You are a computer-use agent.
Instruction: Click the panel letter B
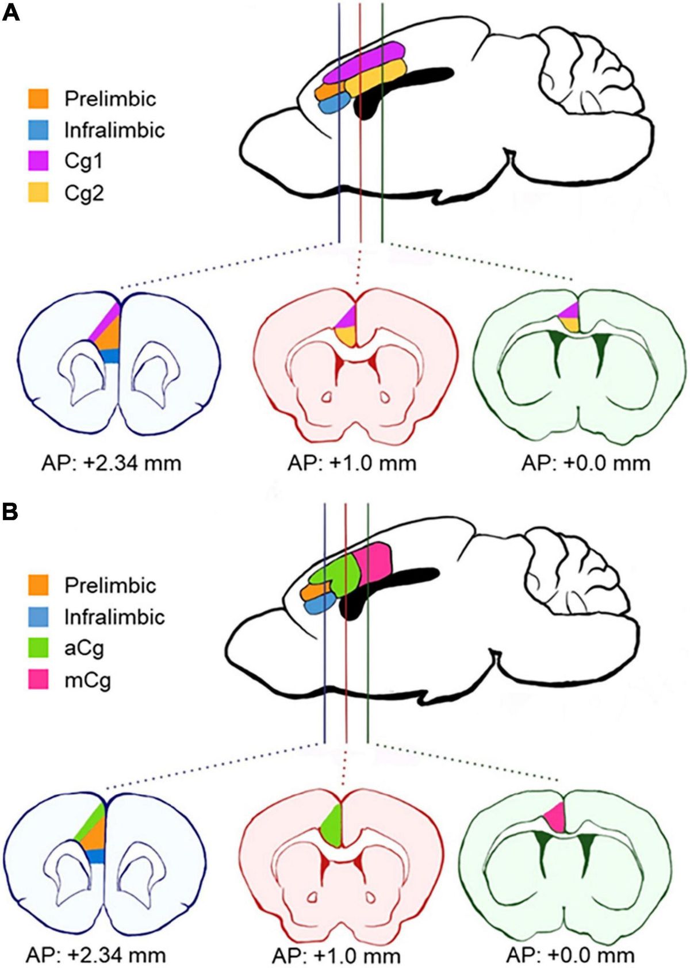pos(10,511)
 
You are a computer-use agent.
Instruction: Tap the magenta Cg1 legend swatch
pos(39,162)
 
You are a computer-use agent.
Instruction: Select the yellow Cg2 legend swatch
pos(39,193)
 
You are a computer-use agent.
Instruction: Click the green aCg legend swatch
pos(39,648)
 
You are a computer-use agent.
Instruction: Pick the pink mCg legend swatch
pos(39,679)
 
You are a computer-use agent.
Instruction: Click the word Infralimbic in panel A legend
pos(114,130)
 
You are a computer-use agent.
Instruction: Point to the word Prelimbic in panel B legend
pos(110,585)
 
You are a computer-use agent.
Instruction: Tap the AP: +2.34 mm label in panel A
pos(111,463)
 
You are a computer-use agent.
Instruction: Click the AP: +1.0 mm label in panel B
pos(336,955)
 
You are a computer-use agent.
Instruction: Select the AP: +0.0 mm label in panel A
pos(585,463)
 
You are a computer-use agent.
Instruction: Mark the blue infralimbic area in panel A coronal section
pos(112,355)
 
